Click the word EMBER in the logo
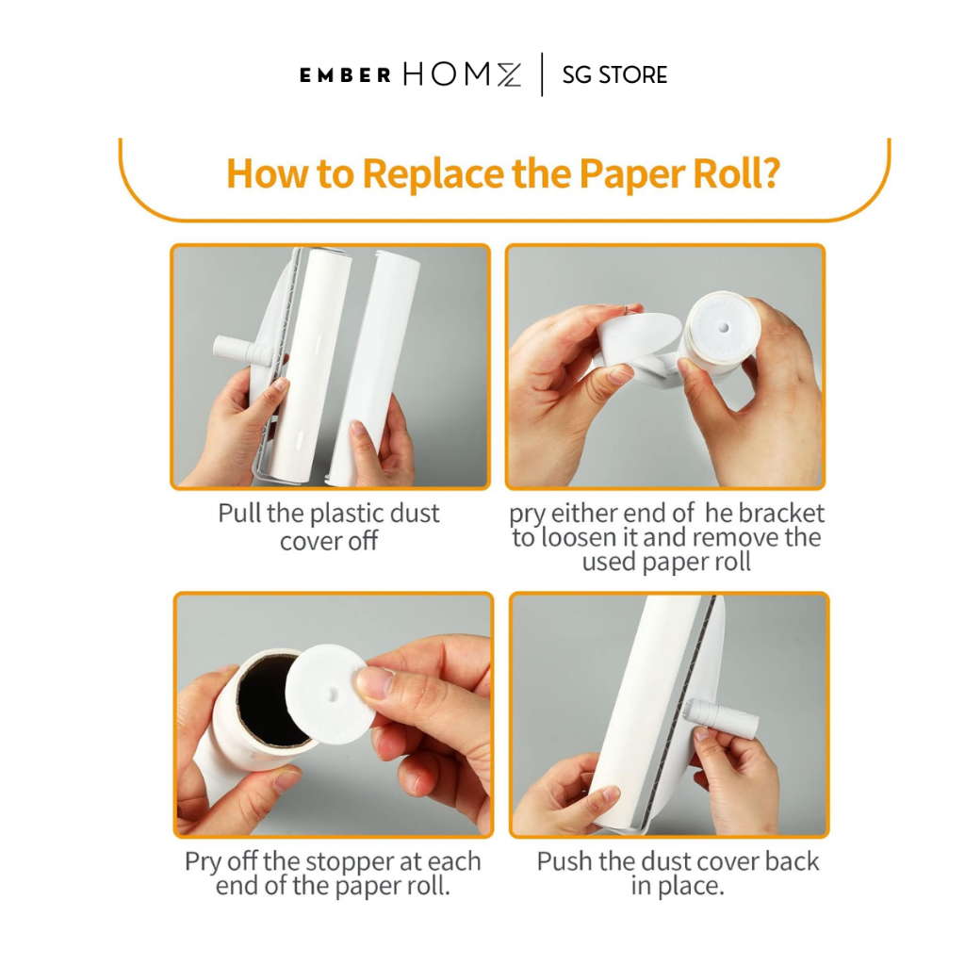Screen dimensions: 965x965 click(x=345, y=75)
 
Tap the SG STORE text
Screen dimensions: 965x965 click(x=614, y=75)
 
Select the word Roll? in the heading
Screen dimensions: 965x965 click(x=737, y=173)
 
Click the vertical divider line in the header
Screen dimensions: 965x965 click(x=542, y=74)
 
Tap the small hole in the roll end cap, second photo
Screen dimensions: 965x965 click(x=724, y=328)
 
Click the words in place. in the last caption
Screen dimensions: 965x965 click(x=678, y=886)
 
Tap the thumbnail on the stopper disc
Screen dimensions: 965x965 click(x=373, y=682)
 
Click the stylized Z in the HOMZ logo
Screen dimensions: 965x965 click(x=509, y=75)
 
